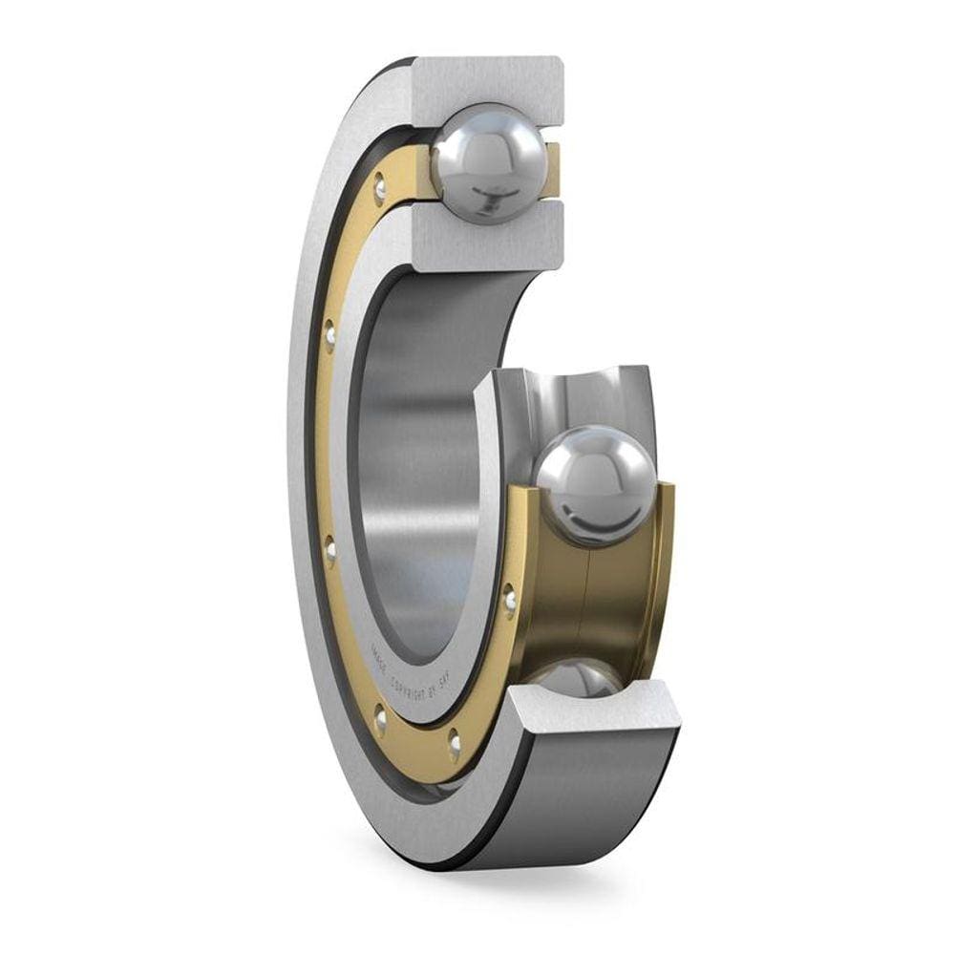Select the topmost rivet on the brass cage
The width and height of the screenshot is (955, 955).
tap(380, 188)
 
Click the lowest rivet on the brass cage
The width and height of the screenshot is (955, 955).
tap(454, 742)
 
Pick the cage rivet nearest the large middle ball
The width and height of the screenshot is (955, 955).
tap(510, 599)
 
